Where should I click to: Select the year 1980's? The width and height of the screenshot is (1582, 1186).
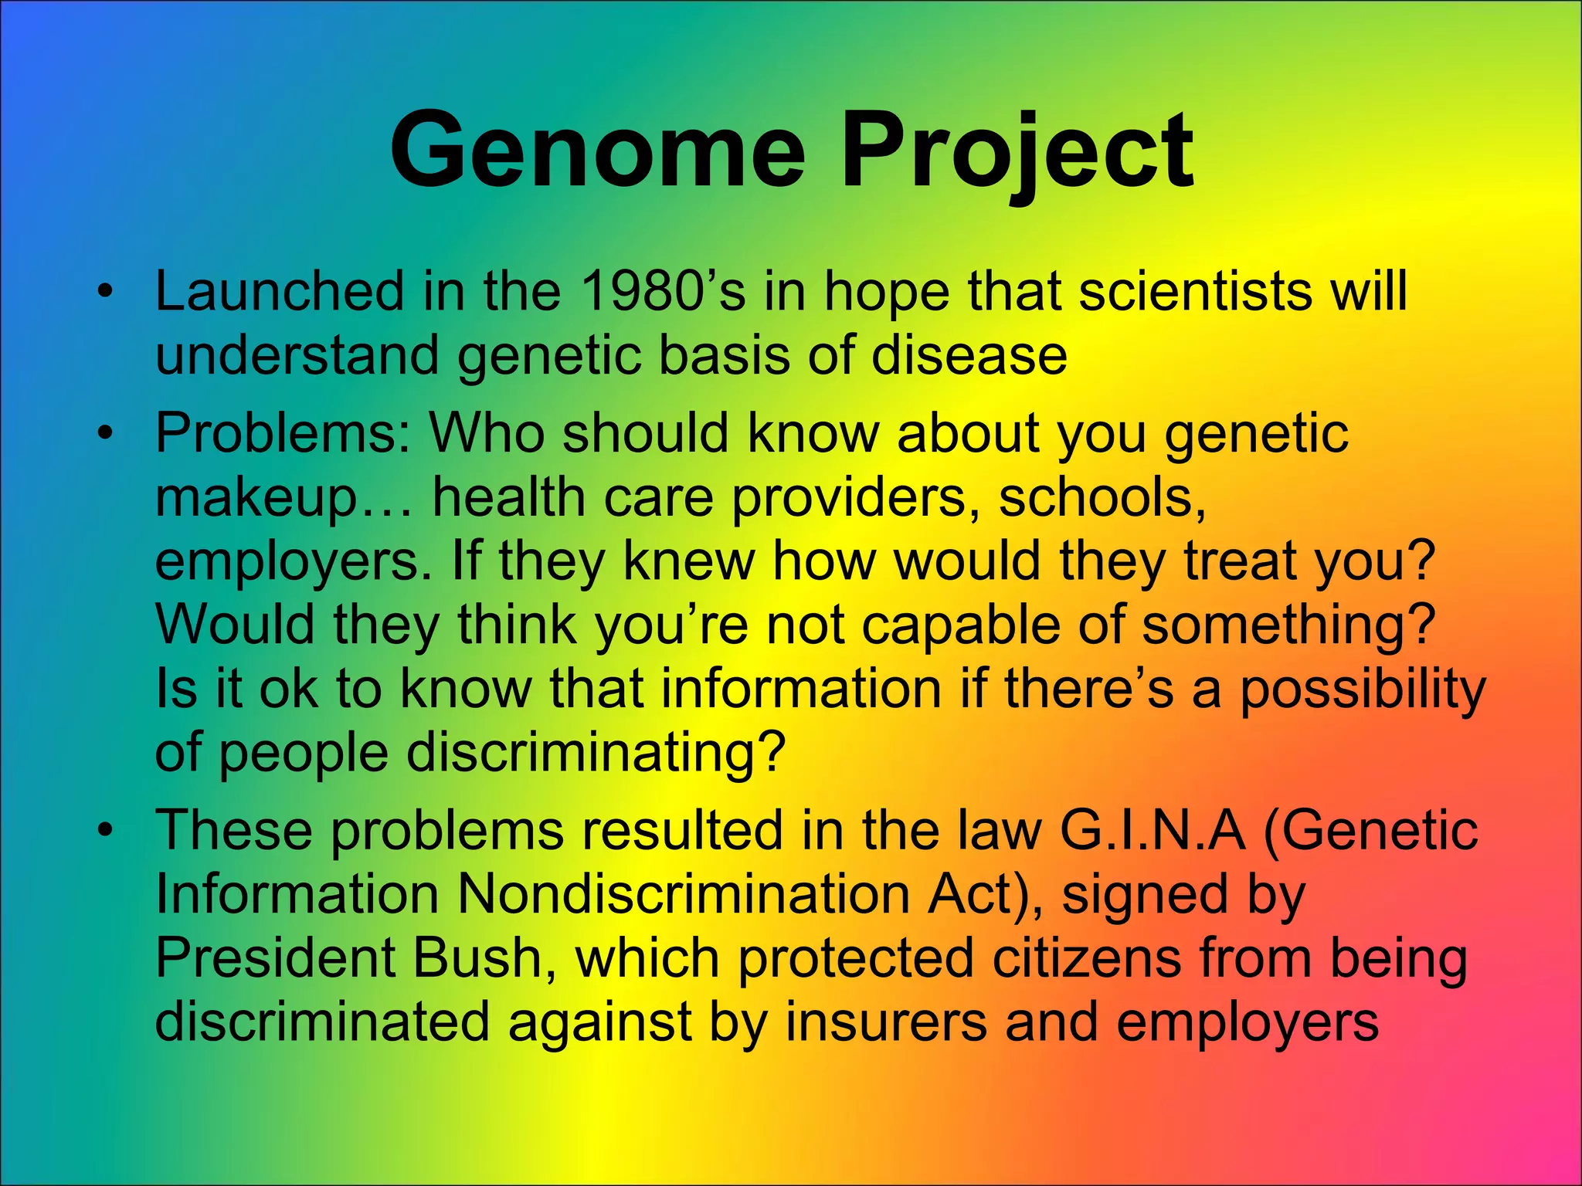663,292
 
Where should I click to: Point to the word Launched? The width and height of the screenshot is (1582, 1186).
279,292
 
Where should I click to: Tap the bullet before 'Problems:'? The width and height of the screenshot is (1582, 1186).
106,434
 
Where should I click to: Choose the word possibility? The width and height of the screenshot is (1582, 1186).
1363,689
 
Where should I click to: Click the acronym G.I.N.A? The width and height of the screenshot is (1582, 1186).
1153,830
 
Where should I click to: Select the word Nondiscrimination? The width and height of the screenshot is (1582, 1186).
683,894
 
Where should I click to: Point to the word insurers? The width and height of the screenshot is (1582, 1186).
886,1022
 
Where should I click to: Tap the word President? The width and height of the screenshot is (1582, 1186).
274,958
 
